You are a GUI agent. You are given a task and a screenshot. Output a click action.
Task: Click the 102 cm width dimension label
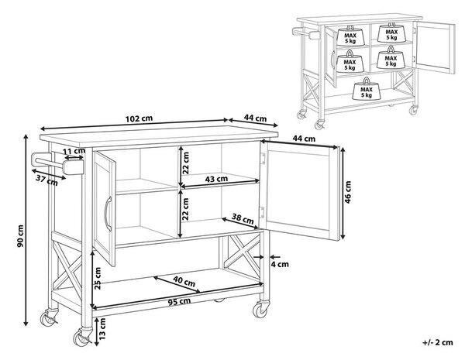(x=139, y=118)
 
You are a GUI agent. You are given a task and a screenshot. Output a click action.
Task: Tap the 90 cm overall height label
(x=20, y=236)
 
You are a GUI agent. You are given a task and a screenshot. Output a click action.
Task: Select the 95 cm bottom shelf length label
(x=179, y=302)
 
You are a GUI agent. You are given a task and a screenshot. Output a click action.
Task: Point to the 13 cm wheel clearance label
(x=102, y=328)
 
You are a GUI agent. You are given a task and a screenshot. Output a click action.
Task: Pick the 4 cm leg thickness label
(x=280, y=264)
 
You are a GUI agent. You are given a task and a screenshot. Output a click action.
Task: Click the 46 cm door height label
(x=348, y=192)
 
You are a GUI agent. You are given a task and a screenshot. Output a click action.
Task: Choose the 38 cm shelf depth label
(x=243, y=218)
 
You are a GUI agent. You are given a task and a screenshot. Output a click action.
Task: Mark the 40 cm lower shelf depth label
(x=184, y=281)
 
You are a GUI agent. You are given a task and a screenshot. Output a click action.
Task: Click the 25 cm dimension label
(x=98, y=278)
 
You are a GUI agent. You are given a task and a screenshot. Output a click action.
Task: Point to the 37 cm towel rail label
(x=46, y=180)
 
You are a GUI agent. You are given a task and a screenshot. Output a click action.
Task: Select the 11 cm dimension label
(x=74, y=151)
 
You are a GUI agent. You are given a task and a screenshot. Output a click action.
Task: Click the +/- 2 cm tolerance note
(x=438, y=342)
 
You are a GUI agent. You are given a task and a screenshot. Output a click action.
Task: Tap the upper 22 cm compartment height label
(x=186, y=163)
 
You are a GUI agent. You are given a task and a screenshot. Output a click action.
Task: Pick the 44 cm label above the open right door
(x=304, y=139)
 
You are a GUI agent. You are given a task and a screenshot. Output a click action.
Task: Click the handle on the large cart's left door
(x=108, y=214)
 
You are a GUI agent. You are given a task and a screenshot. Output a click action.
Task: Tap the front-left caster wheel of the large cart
(x=81, y=338)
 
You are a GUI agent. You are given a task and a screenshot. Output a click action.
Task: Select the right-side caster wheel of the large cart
(x=260, y=310)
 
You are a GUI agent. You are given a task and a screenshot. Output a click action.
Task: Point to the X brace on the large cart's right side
(x=242, y=251)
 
